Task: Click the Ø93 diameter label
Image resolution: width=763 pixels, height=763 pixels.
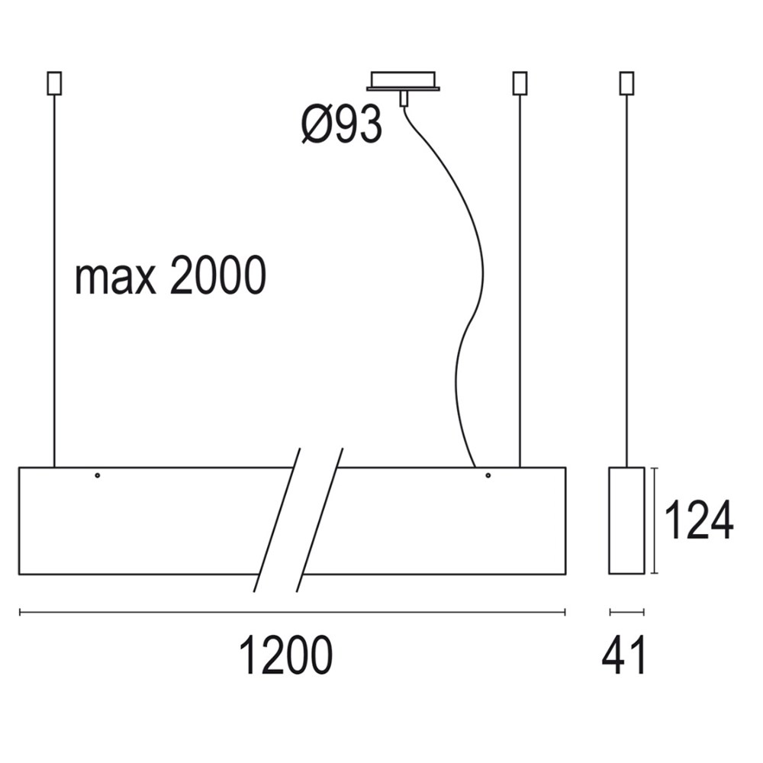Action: tap(342, 124)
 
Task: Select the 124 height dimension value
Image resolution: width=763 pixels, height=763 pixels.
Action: tap(698, 520)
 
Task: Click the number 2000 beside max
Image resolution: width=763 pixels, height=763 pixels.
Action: tap(218, 275)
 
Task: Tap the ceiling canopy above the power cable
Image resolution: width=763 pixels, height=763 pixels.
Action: tap(404, 82)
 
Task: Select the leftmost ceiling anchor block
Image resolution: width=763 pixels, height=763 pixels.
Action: tap(54, 83)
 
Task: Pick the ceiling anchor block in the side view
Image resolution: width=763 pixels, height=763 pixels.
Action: tap(626, 83)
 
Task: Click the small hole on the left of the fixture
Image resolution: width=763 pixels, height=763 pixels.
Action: tap(98, 475)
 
